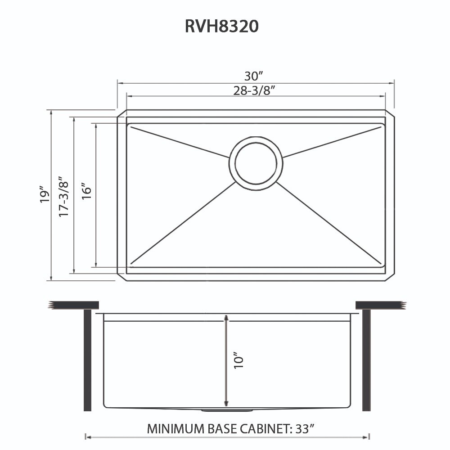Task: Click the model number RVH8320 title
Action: click(221, 26)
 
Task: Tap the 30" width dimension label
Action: click(255, 76)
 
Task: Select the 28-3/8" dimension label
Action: click(254, 90)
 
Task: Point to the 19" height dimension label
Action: click(44, 194)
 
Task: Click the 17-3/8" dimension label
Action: click(64, 195)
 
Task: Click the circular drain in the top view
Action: click(256, 162)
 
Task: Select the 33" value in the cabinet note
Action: click(305, 428)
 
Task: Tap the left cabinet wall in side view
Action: click(87, 360)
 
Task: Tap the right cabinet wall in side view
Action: click(366, 360)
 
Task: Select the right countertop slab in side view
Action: click(380, 305)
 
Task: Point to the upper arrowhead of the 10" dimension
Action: click(226, 318)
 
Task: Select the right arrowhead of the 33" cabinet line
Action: click(367, 436)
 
